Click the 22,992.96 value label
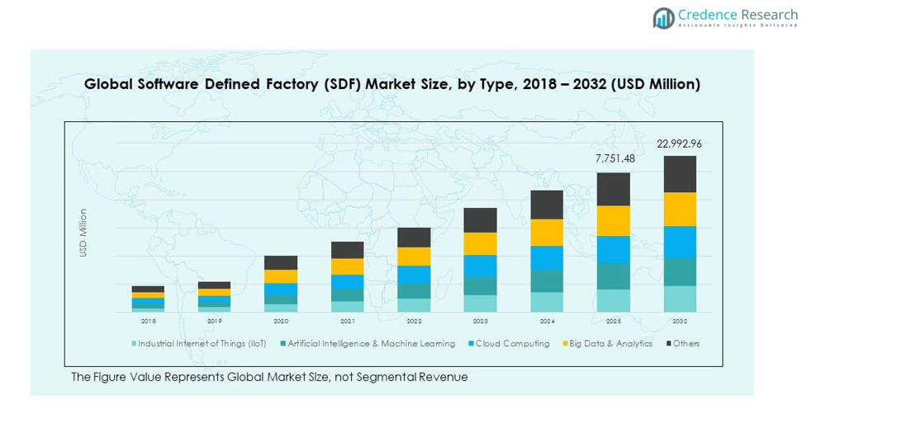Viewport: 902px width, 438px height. (679, 144)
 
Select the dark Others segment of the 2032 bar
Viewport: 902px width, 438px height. (680, 174)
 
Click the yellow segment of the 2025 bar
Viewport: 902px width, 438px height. (614, 221)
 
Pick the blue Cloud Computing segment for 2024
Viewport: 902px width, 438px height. (547, 258)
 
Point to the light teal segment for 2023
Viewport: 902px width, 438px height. (480, 304)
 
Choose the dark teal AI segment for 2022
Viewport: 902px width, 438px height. (414, 291)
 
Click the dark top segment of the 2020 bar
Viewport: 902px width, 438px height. (281, 262)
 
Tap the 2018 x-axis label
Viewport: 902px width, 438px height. (148, 321)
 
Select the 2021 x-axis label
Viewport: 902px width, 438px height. (347, 321)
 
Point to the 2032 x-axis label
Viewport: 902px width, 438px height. (680, 321)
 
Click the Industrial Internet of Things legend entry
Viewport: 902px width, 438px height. (202, 344)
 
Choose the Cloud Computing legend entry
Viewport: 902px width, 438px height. (512, 344)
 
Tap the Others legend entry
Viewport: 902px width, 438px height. (686, 344)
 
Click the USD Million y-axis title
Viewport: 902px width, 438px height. (83, 233)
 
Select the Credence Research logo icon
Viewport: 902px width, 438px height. (663, 17)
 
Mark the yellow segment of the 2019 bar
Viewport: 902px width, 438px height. (214, 292)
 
